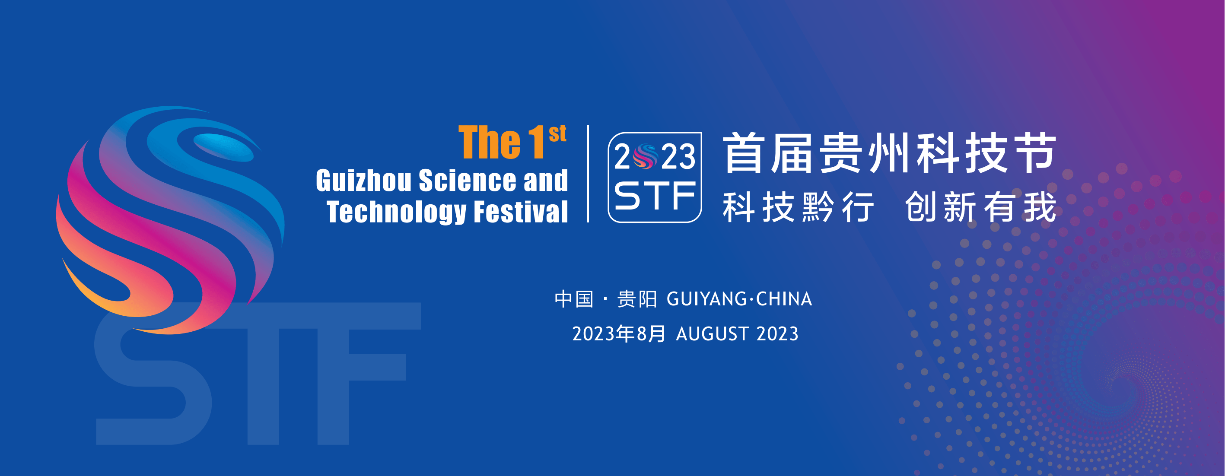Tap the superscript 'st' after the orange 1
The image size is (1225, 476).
pyautogui.click(x=557, y=133)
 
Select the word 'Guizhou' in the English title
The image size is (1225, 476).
pyautogui.click(x=364, y=181)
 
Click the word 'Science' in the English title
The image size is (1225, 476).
pyautogui.click(x=467, y=181)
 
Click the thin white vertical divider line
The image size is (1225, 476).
pyautogui.click(x=588, y=174)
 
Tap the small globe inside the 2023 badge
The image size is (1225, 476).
pyautogui.click(x=645, y=156)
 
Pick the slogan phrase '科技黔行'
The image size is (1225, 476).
pyautogui.click(x=799, y=207)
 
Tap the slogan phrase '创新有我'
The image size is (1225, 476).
pyautogui.click(x=980, y=207)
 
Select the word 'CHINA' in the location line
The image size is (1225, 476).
pyautogui.click(x=784, y=299)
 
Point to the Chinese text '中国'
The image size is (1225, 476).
pyautogui.click(x=574, y=299)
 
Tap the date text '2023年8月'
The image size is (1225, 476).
pyautogui.click(x=619, y=334)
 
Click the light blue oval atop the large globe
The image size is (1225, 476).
pyautogui.click(x=223, y=147)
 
